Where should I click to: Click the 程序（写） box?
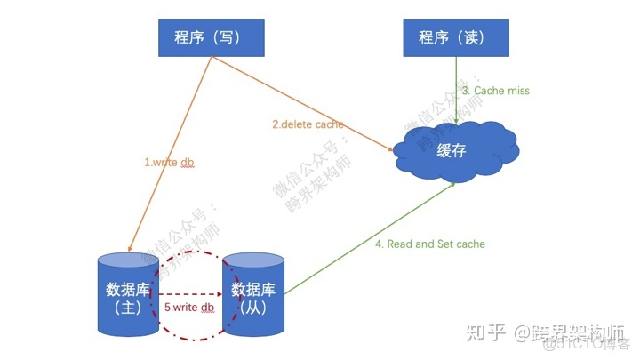coord(211,37)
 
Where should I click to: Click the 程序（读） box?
coord(457,37)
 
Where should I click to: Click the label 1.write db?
coord(169,163)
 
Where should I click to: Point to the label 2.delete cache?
coord(308,124)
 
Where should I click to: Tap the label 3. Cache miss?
coord(495,91)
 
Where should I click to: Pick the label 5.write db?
coord(189,308)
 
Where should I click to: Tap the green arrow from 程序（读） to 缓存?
coord(457,89)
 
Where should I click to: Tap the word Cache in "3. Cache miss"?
coord(491,91)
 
